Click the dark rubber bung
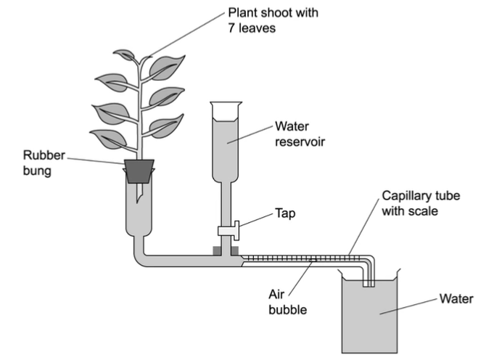click(139, 171)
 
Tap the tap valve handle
click(236, 230)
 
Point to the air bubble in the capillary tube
click(313, 260)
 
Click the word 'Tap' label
click(285, 213)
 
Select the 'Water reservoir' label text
click(300, 134)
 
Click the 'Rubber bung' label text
click(44, 163)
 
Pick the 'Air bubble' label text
click(288, 302)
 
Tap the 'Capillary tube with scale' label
click(421, 203)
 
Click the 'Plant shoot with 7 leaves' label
click(273, 20)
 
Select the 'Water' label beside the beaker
click(456, 299)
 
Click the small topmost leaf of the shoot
click(124, 54)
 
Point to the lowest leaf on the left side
click(109, 139)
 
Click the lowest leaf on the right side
click(166, 126)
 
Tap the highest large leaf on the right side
click(167, 67)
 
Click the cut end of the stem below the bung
click(139, 199)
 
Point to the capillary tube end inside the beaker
click(368, 285)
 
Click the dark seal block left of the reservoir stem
click(217, 250)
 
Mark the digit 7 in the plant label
click(231, 28)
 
